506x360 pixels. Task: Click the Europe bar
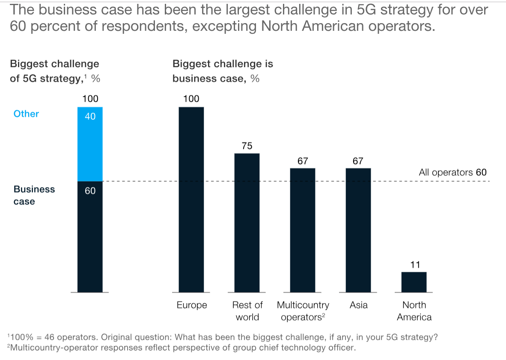pos(191,199)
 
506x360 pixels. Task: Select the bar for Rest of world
pos(247,223)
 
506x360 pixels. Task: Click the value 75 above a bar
pos(247,146)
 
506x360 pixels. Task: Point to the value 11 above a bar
pos(415,265)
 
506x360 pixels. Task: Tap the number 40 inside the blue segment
pos(90,116)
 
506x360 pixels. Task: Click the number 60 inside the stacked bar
pos(90,191)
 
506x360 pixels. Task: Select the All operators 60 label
pos(452,173)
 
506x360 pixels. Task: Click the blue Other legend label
pos(26,114)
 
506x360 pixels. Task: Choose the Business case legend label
pos(34,195)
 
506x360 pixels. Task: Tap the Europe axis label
pos(192,305)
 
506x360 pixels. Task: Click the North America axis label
pos(414,311)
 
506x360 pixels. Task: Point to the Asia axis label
pos(358,305)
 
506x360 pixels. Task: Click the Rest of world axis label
pos(247,311)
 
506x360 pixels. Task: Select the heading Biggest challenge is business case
pos(223,71)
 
